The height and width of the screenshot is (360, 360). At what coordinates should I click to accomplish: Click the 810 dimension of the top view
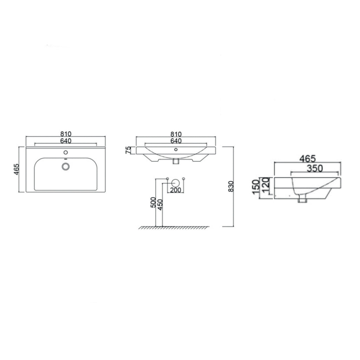pyautogui.click(x=66, y=134)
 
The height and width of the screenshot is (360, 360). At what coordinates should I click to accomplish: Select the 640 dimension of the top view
pyautogui.click(x=66, y=141)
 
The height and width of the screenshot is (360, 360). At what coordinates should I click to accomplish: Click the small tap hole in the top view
pyautogui.click(x=65, y=153)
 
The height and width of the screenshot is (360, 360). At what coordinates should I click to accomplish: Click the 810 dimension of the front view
pyautogui.click(x=176, y=134)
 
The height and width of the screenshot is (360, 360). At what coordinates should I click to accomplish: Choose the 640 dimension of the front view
pyautogui.click(x=176, y=141)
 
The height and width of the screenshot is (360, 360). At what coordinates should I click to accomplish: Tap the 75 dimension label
pyautogui.click(x=129, y=150)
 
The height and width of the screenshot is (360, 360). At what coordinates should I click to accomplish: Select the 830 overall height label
pyautogui.click(x=230, y=186)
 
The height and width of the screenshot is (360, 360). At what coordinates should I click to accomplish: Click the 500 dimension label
pyautogui.click(x=153, y=202)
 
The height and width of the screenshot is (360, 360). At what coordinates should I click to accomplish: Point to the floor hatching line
pyautogui.click(x=174, y=228)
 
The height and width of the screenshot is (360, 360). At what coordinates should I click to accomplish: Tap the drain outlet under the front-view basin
pyautogui.click(x=176, y=162)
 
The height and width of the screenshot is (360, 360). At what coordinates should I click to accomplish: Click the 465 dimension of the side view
pyautogui.click(x=307, y=159)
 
